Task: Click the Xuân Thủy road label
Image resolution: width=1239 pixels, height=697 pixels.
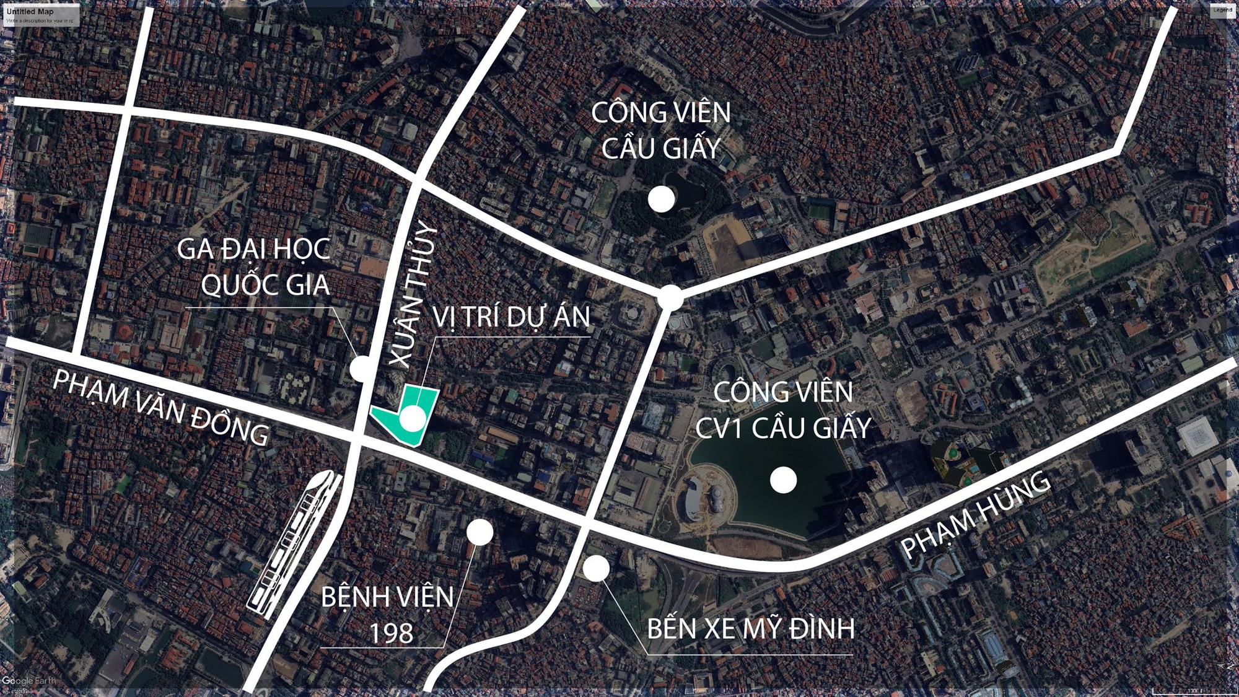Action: (412, 297)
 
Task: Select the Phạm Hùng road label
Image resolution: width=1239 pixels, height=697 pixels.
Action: (976, 514)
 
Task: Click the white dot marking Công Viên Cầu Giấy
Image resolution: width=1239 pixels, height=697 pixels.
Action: (661, 199)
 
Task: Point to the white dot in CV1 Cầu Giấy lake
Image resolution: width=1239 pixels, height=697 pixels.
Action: (783, 480)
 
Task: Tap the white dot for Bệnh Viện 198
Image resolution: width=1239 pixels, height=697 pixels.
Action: (479, 532)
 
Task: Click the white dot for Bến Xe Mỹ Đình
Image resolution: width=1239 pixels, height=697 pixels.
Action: (596, 568)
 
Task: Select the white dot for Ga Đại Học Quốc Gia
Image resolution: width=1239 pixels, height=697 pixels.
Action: (361, 369)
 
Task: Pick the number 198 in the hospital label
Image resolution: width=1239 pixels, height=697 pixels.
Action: (391, 633)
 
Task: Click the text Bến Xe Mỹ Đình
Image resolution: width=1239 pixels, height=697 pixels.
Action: (751, 629)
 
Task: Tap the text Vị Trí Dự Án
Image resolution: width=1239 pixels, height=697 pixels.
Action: (511, 317)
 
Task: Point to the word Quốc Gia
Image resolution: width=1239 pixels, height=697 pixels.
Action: (265, 285)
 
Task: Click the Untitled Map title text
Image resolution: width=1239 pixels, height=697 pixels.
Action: (30, 11)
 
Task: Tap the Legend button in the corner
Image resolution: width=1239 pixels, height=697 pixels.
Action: (1222, 10)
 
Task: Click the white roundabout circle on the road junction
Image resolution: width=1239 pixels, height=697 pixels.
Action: (670, 297)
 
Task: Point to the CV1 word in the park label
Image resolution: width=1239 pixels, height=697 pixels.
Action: (718, 428)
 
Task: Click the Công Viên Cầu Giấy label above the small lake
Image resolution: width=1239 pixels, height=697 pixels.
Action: (661, 130)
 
